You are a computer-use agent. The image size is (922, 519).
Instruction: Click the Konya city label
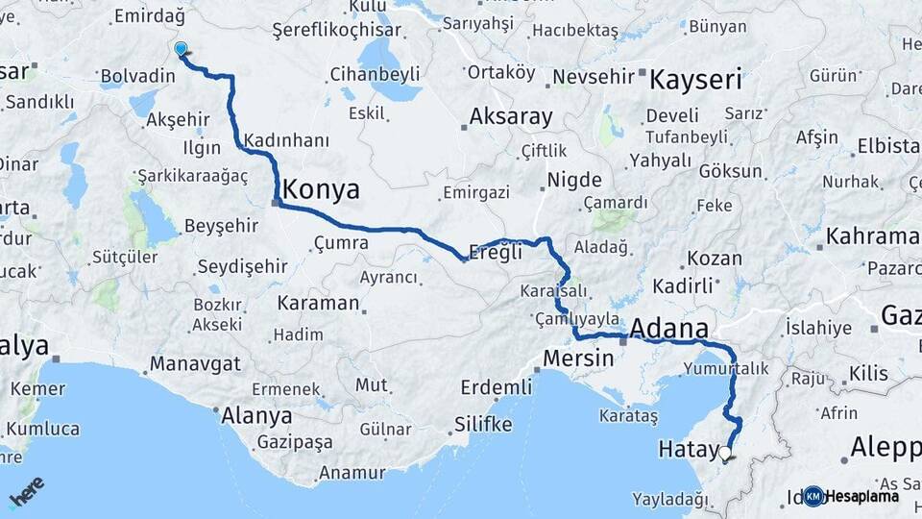pos(322,189)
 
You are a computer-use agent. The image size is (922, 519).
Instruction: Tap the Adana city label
pos(668,329)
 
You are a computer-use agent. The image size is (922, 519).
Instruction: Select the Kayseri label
pos(695,79)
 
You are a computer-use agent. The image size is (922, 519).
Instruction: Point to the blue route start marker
pos(181,49)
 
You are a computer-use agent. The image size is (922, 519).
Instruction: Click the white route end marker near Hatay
pos(725,453)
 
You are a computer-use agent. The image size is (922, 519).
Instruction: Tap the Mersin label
pos(578,358)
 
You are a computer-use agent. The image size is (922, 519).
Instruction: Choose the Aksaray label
pos(511,117)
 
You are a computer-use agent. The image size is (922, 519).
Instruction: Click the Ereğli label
pos(496,253)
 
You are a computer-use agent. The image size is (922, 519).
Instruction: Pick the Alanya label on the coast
pos(256,416)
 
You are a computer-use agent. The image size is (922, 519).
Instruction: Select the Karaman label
pos(318,304)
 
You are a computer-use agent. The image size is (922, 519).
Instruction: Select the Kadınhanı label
pos(287,139)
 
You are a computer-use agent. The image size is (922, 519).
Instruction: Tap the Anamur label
pos(352,473)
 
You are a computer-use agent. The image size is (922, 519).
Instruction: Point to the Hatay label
pos(689,449)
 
